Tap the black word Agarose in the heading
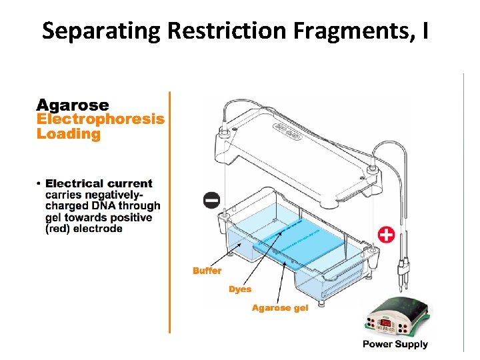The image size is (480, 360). pos(73,105)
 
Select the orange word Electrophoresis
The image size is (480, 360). pos(100,119)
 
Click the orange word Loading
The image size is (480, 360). pos(68,134)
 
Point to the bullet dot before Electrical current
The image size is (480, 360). pos(40,183)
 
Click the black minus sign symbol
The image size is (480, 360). pos(211,200)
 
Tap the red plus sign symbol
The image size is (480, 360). pos(386,235)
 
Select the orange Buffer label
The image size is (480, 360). pos(207,271)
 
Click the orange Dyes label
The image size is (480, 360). pos(240,289)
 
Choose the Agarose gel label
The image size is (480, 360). pos(280,308)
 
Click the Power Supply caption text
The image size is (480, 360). pos(395,344)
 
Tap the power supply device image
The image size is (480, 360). pos(395,319)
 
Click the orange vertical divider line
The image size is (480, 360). pos(169,213)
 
